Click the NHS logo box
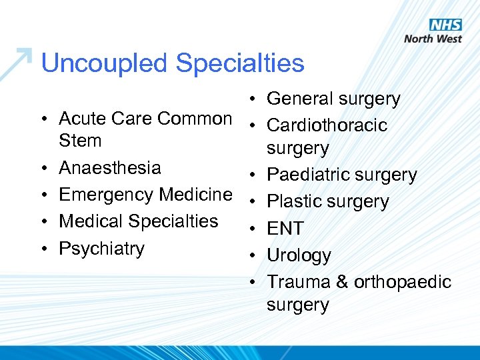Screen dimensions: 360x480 [445, 25]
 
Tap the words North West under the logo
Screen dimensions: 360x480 [433, 39]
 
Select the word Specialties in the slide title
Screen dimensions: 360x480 [240, 63]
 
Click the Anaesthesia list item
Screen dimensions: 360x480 [110, 167]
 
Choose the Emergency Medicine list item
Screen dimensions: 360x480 [145, 194]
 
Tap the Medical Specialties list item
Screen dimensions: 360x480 [139, 221]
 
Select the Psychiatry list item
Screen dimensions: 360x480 [101, 248]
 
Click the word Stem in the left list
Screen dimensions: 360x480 [80, 141]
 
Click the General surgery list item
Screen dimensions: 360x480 [333, 99]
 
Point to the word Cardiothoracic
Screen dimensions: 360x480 [327, 125]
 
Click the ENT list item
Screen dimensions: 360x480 [285, 228]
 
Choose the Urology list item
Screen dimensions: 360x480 [299, 255]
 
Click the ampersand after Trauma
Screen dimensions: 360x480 [342, 282]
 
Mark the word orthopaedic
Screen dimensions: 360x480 [403, 282]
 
